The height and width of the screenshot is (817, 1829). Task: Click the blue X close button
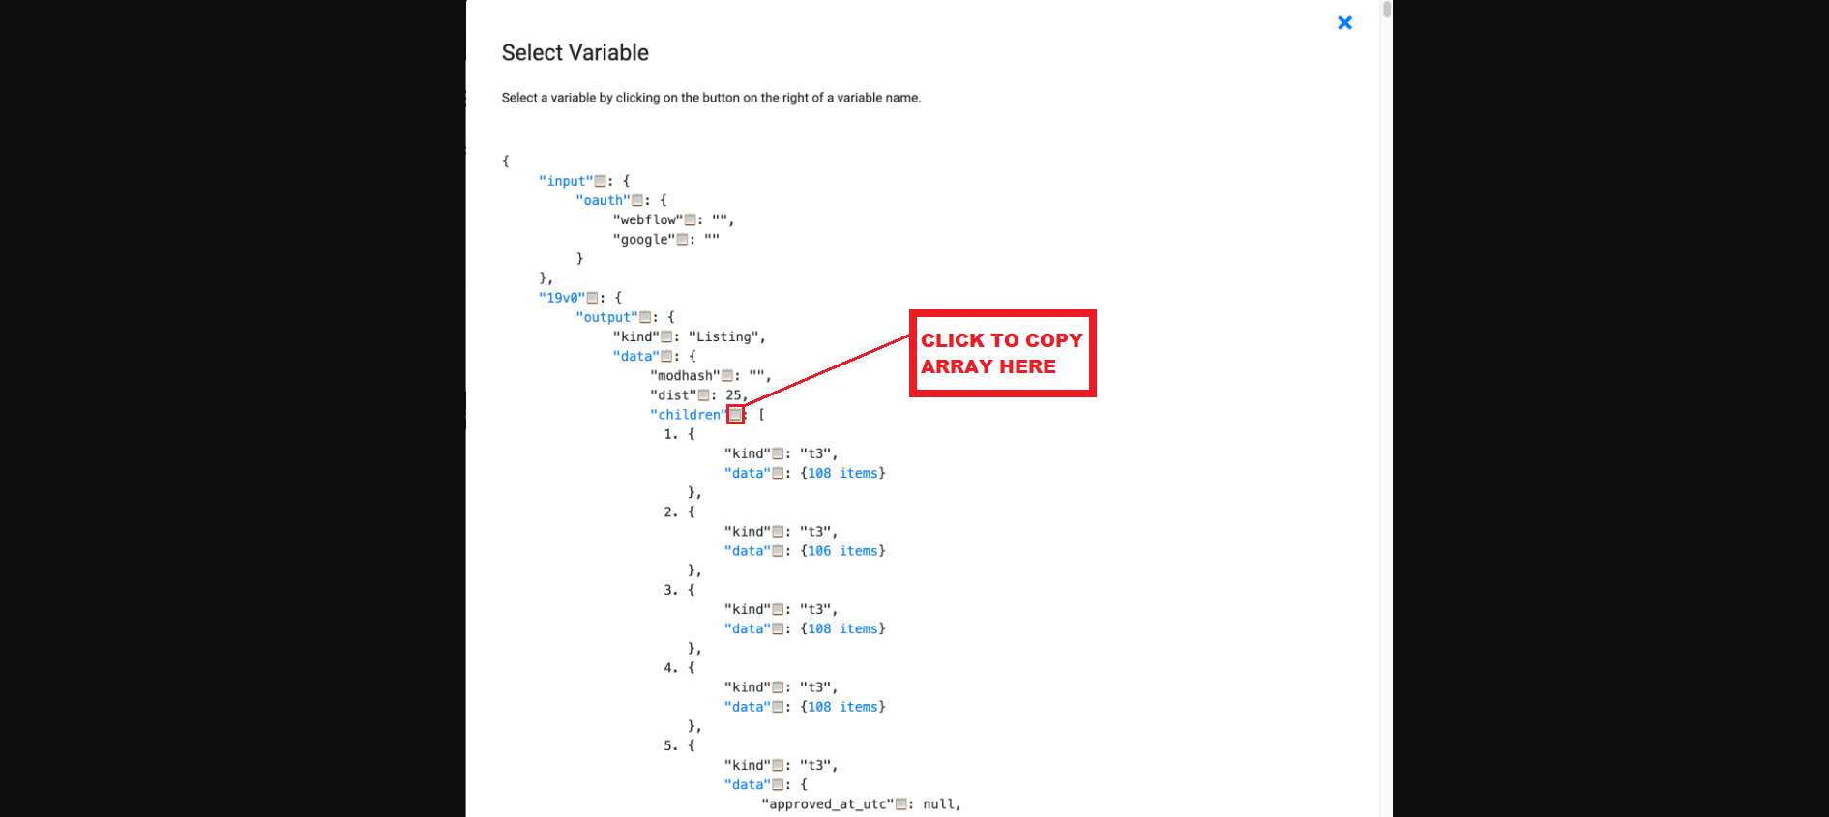pyautogui.click(x=1344, y=22)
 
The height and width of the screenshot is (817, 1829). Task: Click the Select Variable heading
pyautogui.click(x=575, y=53)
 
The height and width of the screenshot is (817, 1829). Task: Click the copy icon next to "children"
pyautogui.click(x=735, y=415)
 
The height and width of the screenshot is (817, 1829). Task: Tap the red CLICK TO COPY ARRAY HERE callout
pyautogui.click(x=1002, y=353)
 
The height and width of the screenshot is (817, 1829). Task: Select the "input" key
pyautogui.click(x=566, y=181)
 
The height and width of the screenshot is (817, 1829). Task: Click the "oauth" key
pyautogui.click(x=603, y=200)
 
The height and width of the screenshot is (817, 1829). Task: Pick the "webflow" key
pyautogui.click(x=648, y=219)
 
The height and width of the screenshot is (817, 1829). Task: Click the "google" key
pyautogui.click(x=644, y=239)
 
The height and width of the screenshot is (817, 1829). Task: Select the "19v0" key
pyautogui.click(x=562, y=298)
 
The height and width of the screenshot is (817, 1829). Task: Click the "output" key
pyautogui.click(x=606, y=317)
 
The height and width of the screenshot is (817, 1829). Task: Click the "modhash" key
pyautogui.click(x=685, y=375)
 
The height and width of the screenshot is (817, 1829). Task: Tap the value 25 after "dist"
pyautogui.click(x=733, y=394)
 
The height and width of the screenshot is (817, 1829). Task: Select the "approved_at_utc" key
pyautogui.click(x=827, y=804)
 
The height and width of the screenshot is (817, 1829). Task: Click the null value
pyautogui.click(x=938, y=804)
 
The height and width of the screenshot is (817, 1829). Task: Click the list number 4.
pyautogui.click(x=669, y=668)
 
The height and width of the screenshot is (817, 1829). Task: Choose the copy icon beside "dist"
pyautogui.click(x=703, y=394)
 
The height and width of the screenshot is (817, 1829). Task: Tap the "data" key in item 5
pyautogui.click(x=748, y=785)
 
